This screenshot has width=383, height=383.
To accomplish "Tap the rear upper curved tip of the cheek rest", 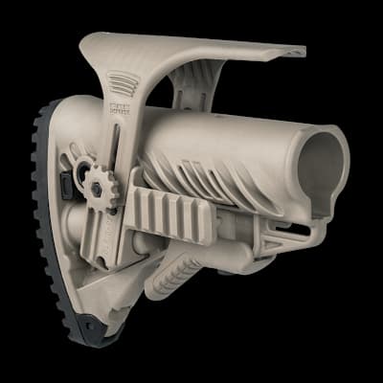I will click(89, 40).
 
